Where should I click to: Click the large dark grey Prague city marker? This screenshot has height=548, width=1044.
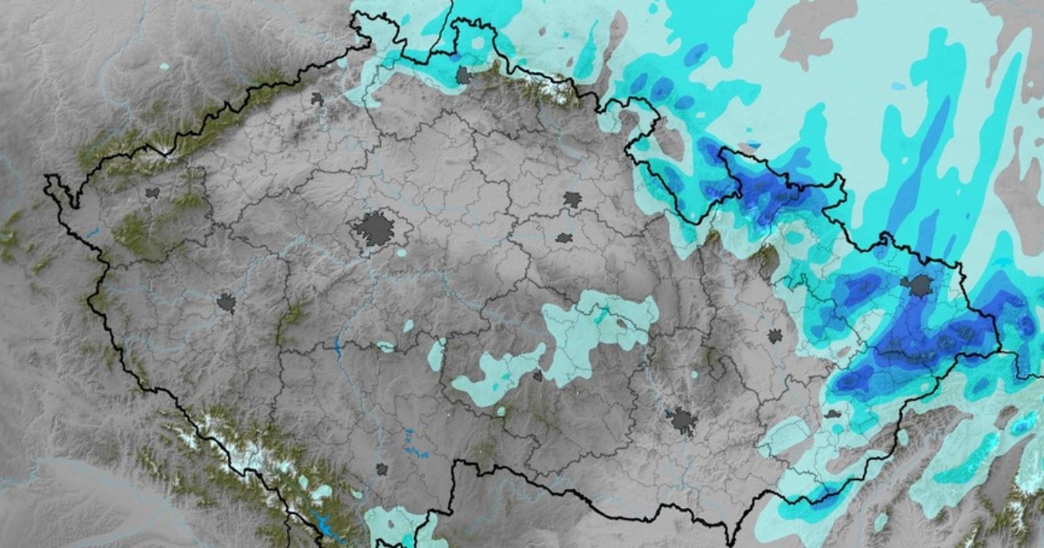pyautogui.click(x=375, y=229)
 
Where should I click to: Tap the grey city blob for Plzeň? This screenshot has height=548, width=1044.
pyautogui.click(x=226, y=303)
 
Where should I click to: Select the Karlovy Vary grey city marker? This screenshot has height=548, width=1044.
pyautogui.click(x=152, y=192)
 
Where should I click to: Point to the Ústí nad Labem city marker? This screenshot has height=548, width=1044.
pyautogui.click(x=317, y=99)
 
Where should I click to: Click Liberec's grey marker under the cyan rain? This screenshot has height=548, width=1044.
pyautogui.click(x=463, y=76)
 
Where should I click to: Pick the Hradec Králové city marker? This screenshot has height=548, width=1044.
pyautogui.click(x=572, y=199)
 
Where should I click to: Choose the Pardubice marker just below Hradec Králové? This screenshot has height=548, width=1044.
pyautogui.click(x=564, y=237)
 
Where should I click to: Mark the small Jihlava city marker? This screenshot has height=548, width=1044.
pyautogui.click(x=537, y=377)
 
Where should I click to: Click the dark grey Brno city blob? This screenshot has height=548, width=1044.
pyautogui.click(x=684, y=422)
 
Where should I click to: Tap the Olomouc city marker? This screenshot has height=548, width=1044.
pyautogui.click(x=774, y=335)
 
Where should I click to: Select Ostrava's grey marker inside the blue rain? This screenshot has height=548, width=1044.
pyautogui.click(x=917, y=284)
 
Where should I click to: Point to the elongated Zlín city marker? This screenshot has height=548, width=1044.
pyautogui.click(x=833, y=414)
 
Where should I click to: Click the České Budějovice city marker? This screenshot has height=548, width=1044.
pyautogui.click(x=381, y=469)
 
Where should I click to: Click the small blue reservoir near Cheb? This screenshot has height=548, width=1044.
pyautogui.click(x=90, y=233)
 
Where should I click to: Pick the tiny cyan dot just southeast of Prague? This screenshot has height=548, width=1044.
pyautogui.click(x=400, y=253)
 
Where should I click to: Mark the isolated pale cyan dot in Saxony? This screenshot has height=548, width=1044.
pyautogui.click(x=164, y=66)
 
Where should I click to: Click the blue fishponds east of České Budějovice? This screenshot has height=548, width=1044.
pyautogui.click(x=416, y=452)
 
